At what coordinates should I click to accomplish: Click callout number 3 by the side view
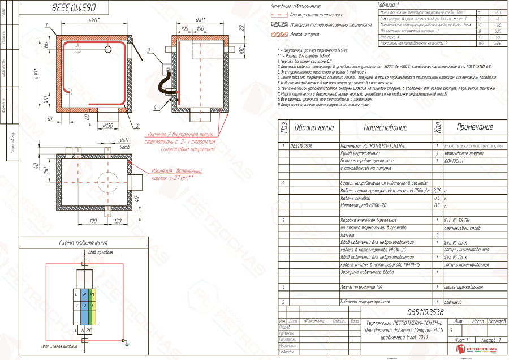point(149,50)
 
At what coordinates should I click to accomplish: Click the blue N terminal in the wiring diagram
point(84,294)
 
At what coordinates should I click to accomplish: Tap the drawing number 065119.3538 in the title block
point(425,312)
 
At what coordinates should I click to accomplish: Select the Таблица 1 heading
point(388,5)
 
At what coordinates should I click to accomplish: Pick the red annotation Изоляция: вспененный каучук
point(177,173)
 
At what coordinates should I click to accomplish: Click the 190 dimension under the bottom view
point(93,220)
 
